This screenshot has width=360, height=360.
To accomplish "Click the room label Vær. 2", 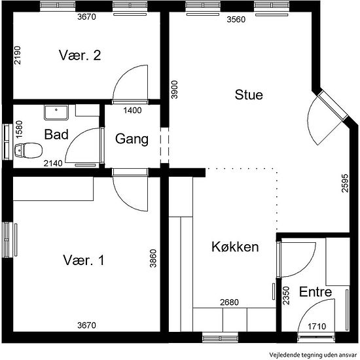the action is pyautogui.click(x=80, y=56).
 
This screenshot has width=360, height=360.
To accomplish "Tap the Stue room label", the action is pyautogui.click(x=249, y=95).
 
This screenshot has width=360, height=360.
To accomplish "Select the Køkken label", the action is pyautogui.click(x=235, y=247).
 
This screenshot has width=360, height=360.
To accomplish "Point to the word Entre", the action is pyautogui.click(x=315, y=292).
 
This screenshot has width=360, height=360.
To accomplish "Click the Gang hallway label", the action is pyautogui.click(x=132, y=139).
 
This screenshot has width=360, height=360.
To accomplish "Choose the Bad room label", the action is pyautogui.click(x=56, y=134).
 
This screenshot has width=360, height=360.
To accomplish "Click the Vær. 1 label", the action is pyautogui.click(x=84, y=261).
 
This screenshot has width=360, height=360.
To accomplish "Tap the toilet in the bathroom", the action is pyautogui.click(x=28, y=151).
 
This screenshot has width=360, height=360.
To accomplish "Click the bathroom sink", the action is pyautogui.click(x=56, y=113).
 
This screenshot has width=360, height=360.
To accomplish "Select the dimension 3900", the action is pyautogui.click(x=175, y=90).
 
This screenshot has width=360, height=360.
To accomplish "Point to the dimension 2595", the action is pyautogui.click(x=345, y=183).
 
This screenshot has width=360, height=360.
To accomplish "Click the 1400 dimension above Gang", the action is pyautogui.click(x=132, y=111).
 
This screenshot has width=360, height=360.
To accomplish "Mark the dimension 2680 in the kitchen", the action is pyautogui.click(x=229, y=302).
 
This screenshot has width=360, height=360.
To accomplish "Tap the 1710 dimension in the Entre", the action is pyautogui.click(x=317, y=326).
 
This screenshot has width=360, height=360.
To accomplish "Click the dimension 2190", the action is pyautogui.click(x=17, y=56).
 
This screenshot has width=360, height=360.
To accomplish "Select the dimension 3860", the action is pyautogui.click(x=153, y=259).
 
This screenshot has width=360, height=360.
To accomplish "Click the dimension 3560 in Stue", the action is pyautogui.click(x=236, y=20).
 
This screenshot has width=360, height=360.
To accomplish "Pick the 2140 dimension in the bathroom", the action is pyautogui.click(x=53, y=164).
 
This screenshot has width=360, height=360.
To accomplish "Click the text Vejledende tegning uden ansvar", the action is pyautogui.click(x=313, y=355).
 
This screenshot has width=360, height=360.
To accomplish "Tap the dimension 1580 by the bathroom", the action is pyautogui.click(x=19, y=129).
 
